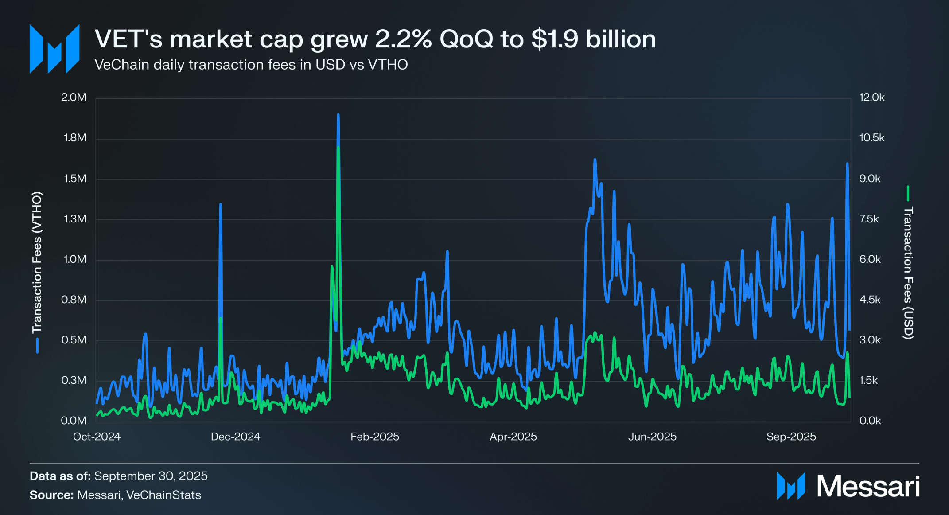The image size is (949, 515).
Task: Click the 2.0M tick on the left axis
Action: pos(74,98)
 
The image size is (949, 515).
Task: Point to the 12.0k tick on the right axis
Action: pos(871,98)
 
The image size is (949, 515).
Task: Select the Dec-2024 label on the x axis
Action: pos(235,437)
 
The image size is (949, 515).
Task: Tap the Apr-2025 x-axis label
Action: pos(513,437)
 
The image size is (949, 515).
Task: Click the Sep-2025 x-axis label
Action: pos(791,437)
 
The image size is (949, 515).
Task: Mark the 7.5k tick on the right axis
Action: pos(869,219)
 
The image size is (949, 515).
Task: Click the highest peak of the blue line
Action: pos(338,115)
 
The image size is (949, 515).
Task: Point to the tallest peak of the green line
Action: pos(338,147)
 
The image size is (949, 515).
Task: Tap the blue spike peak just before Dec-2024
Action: pos(221,204)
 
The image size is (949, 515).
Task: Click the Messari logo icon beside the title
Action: pos(54,49)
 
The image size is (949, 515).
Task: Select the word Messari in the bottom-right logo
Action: pos(868,487)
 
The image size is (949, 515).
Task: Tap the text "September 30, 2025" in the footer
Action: pos(151,476)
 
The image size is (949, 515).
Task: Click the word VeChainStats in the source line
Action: pos(163,495)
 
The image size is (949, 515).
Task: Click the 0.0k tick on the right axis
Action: pos(870,421)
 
